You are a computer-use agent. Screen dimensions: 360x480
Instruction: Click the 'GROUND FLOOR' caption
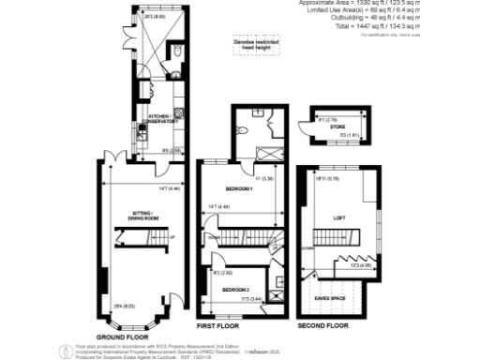124,335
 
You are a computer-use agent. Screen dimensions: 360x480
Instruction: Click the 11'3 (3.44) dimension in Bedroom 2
249,298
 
